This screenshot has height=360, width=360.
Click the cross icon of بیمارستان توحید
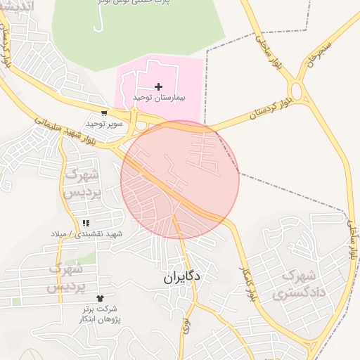click(158, 86)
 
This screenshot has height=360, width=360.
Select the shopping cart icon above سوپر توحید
click(104, 112)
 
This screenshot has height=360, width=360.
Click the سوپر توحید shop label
click(104, 123)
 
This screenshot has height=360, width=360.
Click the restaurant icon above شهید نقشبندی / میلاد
click(86, 223)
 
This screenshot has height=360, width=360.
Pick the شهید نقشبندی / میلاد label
click(86, 233)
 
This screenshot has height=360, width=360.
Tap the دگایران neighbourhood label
click(182, 277)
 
